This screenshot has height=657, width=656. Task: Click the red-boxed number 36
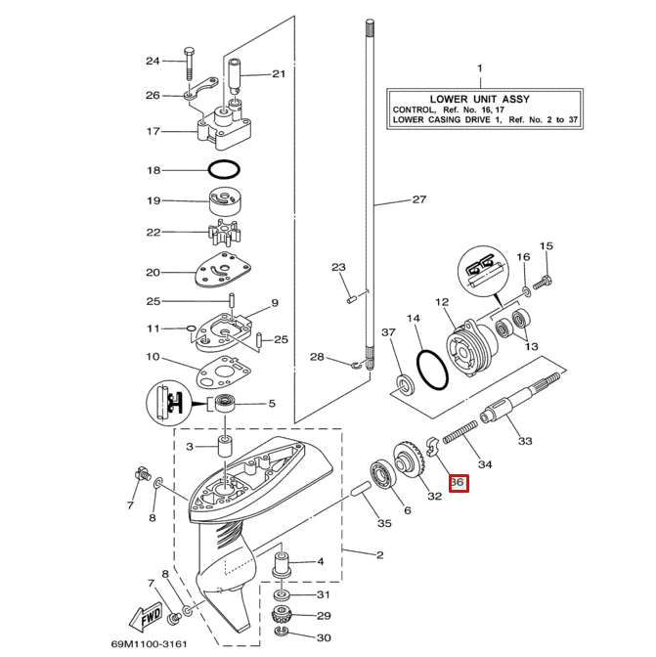pyautogui.click(x=459, y=483)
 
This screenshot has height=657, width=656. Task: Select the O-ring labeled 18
pyautogui.click(x=224, y=169)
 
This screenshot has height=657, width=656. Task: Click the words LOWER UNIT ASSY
pyautogui.click(x=478, y=97)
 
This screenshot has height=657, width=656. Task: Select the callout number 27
pyautogui.click(x=418, y=199)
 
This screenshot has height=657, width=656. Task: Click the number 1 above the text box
pyautogui.click(x=479, y=67)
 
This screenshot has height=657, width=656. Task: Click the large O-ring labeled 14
pyautogui.click(x=431, y=369)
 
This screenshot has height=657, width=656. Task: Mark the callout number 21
pyautogui.click(x=279, y=74)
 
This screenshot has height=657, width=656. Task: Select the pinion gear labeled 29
pyautogui.click(x=282, y=616)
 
